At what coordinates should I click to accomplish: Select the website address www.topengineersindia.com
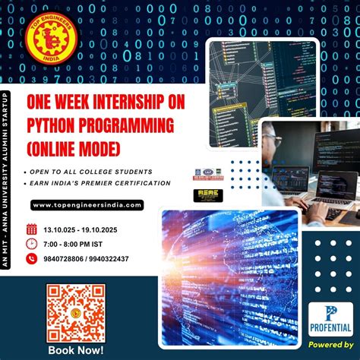87,205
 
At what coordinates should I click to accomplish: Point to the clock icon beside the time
31,244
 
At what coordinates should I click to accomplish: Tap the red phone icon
31,259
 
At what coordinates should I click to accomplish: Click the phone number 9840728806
65,259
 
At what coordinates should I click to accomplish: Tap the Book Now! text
75,350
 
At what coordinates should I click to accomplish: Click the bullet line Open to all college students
90,171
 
